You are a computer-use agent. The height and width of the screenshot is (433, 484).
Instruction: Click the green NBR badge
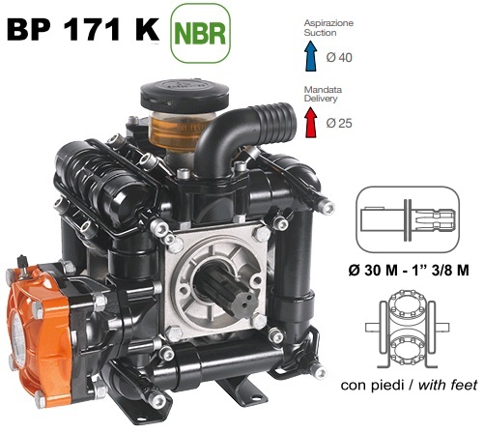click(x=200, y=33)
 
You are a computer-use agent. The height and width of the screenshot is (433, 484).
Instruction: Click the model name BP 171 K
click(x=83, y=29)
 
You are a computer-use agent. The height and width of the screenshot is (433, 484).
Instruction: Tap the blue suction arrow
click(x=311, y=56)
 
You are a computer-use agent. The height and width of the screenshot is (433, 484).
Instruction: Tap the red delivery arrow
click(x=311, y=122)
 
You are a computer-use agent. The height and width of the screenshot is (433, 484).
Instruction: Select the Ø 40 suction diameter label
click(x=339, y=58)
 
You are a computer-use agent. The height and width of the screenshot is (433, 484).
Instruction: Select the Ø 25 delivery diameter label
click(x=339, y=123)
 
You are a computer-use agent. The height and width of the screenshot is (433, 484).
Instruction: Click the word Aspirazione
click(x=328, y=23)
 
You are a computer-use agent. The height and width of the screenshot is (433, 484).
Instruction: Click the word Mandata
click(x=323, y=90)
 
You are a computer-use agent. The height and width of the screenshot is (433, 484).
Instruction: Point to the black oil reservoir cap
click(x=185, y=96)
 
